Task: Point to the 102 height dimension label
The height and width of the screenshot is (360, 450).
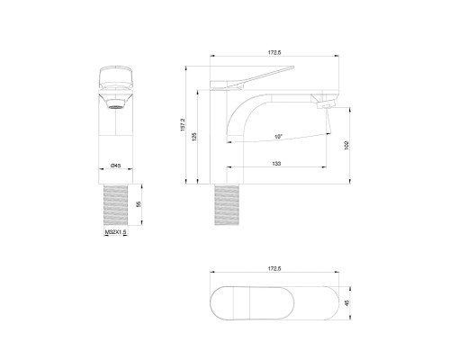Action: [346, 142]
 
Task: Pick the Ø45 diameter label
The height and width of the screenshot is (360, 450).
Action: [116, 166]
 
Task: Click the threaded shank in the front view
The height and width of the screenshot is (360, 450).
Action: [116, 205]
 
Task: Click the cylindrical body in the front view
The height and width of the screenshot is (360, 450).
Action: [116, 135]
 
